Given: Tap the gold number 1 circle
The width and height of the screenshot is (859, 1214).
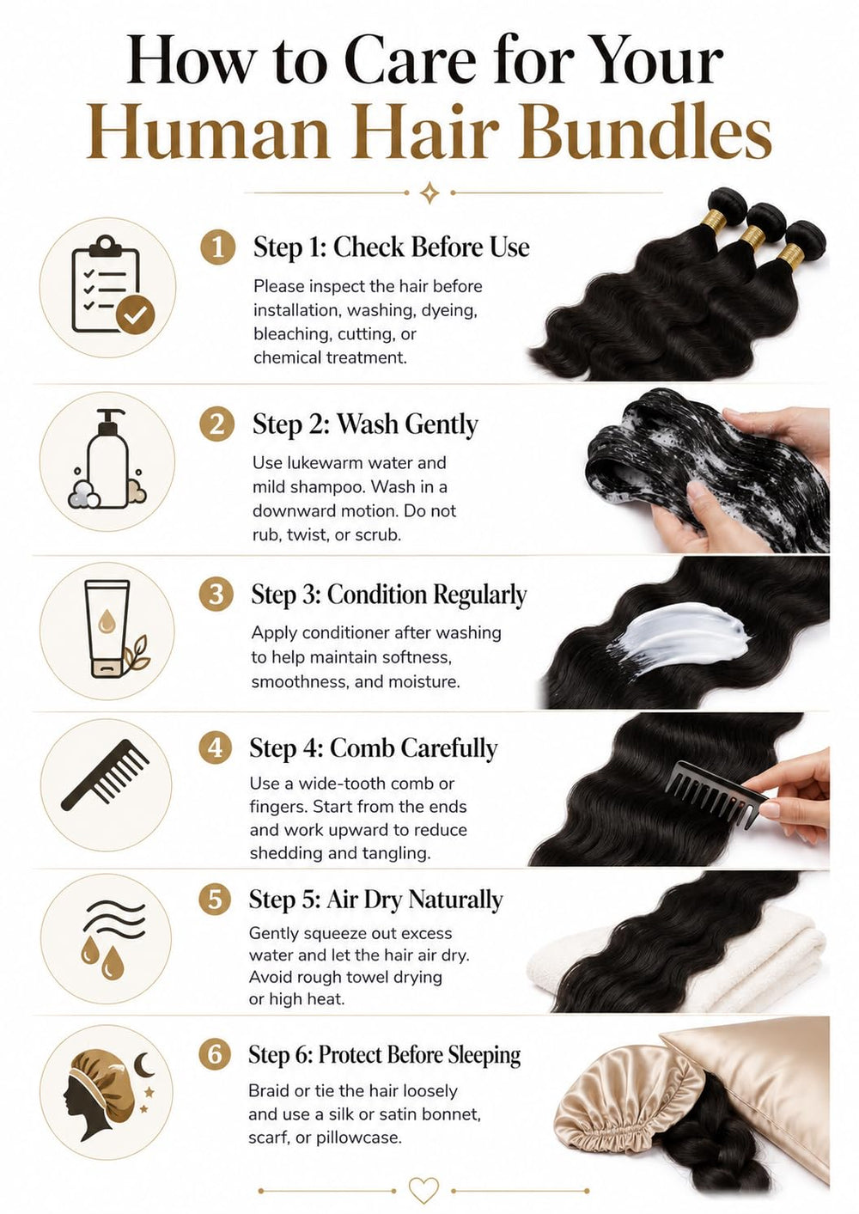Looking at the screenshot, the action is click(218, 247).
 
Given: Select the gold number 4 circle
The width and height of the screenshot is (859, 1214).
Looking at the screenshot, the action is click(216, 748).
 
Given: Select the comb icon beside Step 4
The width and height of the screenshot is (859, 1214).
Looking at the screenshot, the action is click(105, 775).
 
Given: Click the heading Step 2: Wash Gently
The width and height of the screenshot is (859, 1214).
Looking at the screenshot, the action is click(365, 424).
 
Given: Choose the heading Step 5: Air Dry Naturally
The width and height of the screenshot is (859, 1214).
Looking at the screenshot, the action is click(375, 900).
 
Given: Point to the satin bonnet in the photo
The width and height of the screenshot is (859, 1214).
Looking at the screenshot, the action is click(629, 1097).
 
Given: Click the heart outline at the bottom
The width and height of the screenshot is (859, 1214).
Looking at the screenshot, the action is click(423, 1191).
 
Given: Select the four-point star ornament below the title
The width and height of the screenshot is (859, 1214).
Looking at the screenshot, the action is click(429, 192).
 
